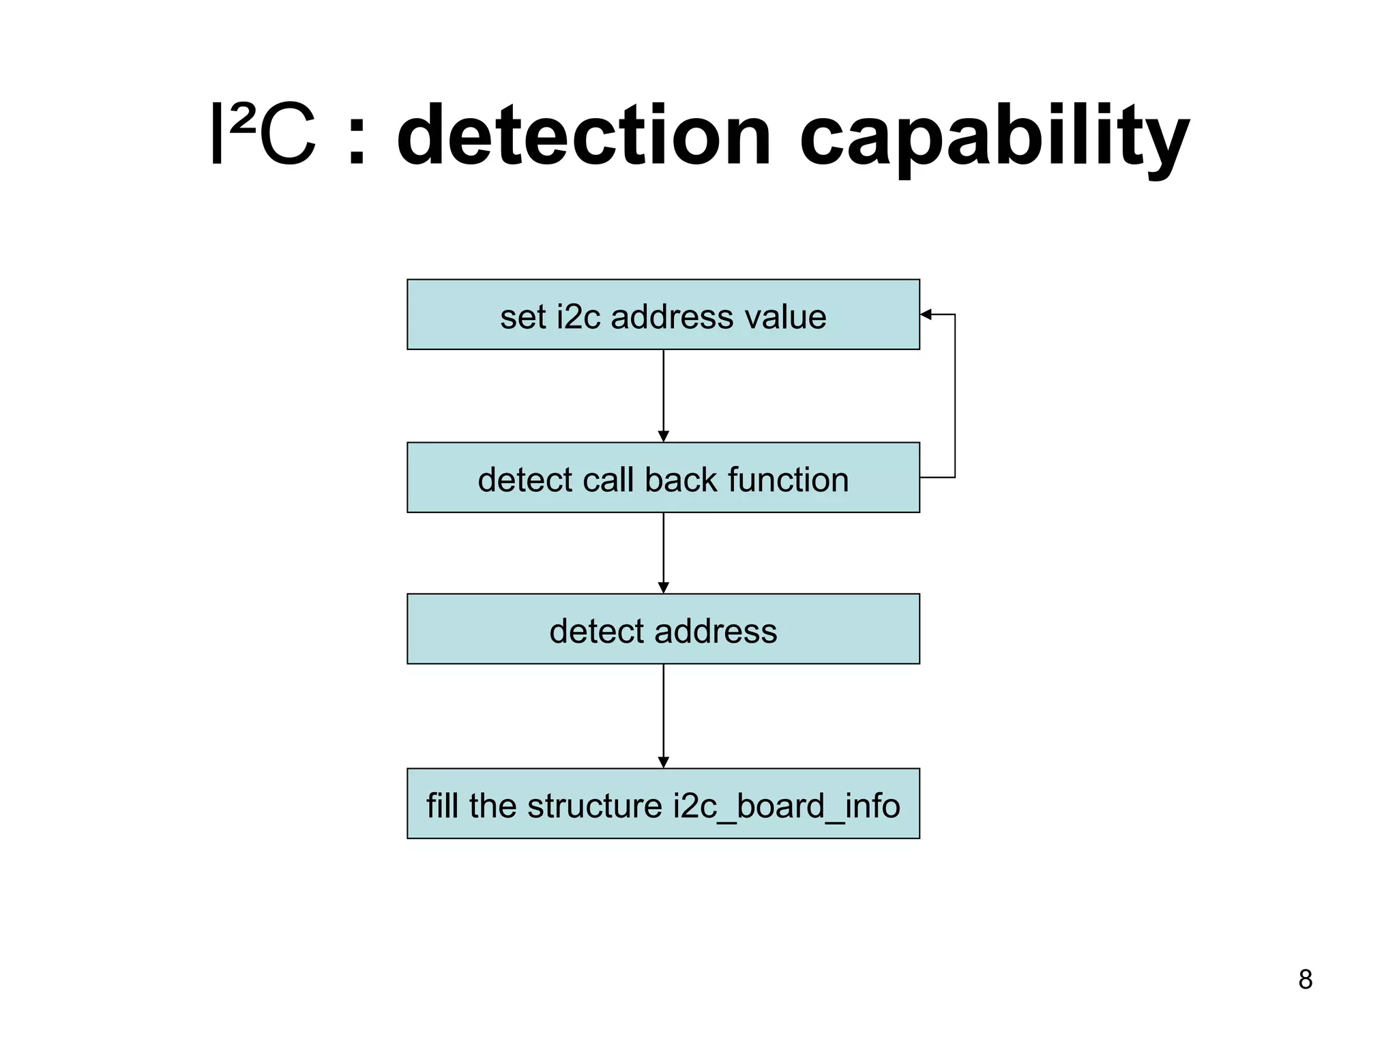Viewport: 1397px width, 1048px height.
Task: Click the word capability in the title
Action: click(x=994, y=136)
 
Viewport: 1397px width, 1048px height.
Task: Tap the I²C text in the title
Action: click(x=262, y=135)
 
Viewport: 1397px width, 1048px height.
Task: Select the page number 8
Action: click(x=1305, y=980)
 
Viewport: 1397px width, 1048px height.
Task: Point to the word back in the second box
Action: click(x=680, y=480)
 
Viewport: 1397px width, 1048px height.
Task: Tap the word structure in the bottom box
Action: click(x=594, y=806)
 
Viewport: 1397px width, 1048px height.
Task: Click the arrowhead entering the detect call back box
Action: click(x=663, y=437)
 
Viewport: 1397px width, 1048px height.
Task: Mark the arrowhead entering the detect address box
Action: click(x=663, y=588)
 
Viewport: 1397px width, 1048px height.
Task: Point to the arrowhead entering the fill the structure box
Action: click(x=663, y=763)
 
